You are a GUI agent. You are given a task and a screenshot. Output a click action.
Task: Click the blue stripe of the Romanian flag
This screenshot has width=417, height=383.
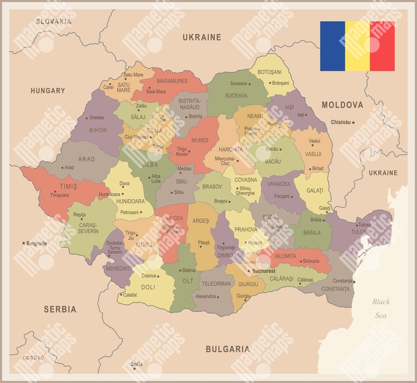[x=333, y=46]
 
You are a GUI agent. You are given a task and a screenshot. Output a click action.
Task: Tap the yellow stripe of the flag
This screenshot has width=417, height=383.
[x=358, y=46]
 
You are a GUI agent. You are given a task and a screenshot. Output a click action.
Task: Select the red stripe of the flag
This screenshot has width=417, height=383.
[x=382, y=46]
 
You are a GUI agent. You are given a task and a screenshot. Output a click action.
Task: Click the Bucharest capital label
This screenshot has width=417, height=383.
[x=265, y=271]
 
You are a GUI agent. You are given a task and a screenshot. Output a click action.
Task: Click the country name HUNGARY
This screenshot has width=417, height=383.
[x=48, y=91]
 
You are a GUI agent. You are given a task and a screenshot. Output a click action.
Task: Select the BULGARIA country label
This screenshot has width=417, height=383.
[x=228, y=349]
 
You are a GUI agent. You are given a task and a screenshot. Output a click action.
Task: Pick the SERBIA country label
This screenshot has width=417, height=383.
[x=60, y=309]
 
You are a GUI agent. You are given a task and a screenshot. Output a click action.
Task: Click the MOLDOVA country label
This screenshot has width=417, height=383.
[x=342, y=105]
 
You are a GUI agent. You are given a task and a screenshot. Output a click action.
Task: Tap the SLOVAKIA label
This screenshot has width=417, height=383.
[x=54, y=21]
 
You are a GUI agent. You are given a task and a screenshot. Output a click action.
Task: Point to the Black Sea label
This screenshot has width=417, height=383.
[x=381, y=308]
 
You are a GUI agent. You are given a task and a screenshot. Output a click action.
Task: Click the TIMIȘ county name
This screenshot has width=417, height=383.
[x=68, y=187]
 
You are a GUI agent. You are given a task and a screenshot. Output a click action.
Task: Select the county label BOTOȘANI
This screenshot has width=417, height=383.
[x=269, y=72]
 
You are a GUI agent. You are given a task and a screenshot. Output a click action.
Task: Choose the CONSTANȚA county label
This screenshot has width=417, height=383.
[x=335, y=289]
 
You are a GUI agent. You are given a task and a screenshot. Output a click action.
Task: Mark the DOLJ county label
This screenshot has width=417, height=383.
[x=148, y=287]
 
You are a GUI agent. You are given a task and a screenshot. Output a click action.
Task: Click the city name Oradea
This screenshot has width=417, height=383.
[x=96, y=117]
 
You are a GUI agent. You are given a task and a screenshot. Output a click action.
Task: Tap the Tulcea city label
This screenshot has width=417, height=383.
[x=364, y=225]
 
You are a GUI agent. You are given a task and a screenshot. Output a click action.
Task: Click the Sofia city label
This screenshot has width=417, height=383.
[x=137, y=364]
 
